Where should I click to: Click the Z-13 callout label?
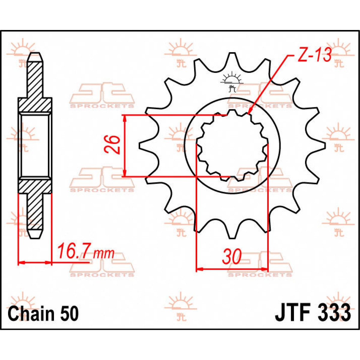[314, 55]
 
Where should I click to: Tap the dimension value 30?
[232, 257]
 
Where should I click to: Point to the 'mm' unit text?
[103, 253]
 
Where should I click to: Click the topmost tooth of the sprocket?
[232, 57]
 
